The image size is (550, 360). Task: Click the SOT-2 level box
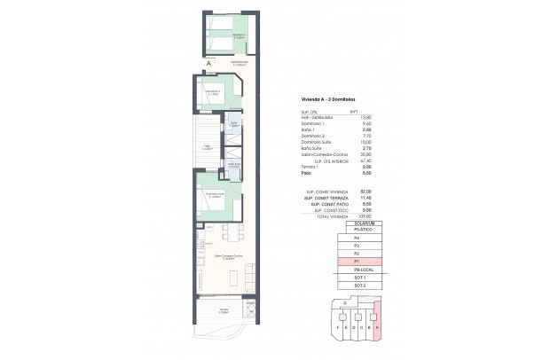pos(357,286)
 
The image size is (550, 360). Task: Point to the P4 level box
pos(357,239)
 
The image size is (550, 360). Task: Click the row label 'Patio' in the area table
pos(305,174)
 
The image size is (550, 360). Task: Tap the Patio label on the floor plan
pos(206,148)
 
